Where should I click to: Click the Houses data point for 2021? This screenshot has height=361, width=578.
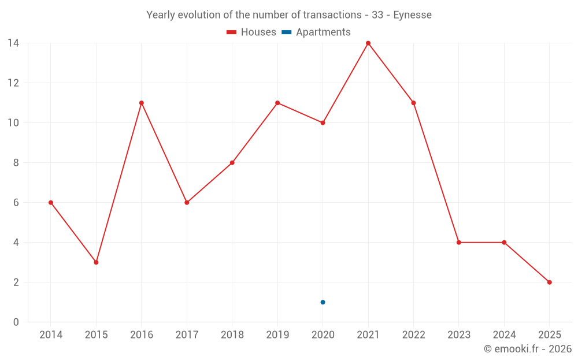coord(368,43)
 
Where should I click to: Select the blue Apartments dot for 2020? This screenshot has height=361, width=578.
coord(323,302)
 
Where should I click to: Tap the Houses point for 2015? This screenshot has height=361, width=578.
coord(96,262)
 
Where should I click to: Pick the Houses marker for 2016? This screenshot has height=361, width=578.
coord(141,103)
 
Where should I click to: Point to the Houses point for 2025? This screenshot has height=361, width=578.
coord(549,282)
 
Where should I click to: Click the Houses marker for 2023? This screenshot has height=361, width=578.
coord(459,243)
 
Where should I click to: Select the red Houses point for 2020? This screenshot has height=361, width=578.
coord(323,123)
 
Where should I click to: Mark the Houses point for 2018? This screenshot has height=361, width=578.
coord(232,163)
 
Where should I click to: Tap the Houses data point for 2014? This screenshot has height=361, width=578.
coord(51,203)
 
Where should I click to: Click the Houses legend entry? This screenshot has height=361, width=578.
coord(251,32)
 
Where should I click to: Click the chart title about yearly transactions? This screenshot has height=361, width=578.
coord(288,15)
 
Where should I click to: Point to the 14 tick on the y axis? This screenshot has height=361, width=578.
coord(13,43)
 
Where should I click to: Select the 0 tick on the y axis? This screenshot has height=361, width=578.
coord(16,322)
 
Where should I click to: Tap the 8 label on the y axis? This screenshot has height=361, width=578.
coord(16,163)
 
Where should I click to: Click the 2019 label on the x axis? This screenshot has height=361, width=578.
coord(277,335)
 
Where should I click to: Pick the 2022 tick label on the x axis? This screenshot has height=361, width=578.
coord(413,335)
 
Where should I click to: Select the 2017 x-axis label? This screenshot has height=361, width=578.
coord(187,335)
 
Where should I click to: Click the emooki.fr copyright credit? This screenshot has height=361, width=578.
coord(527,349)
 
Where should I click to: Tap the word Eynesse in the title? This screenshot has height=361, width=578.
coord(412,15)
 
